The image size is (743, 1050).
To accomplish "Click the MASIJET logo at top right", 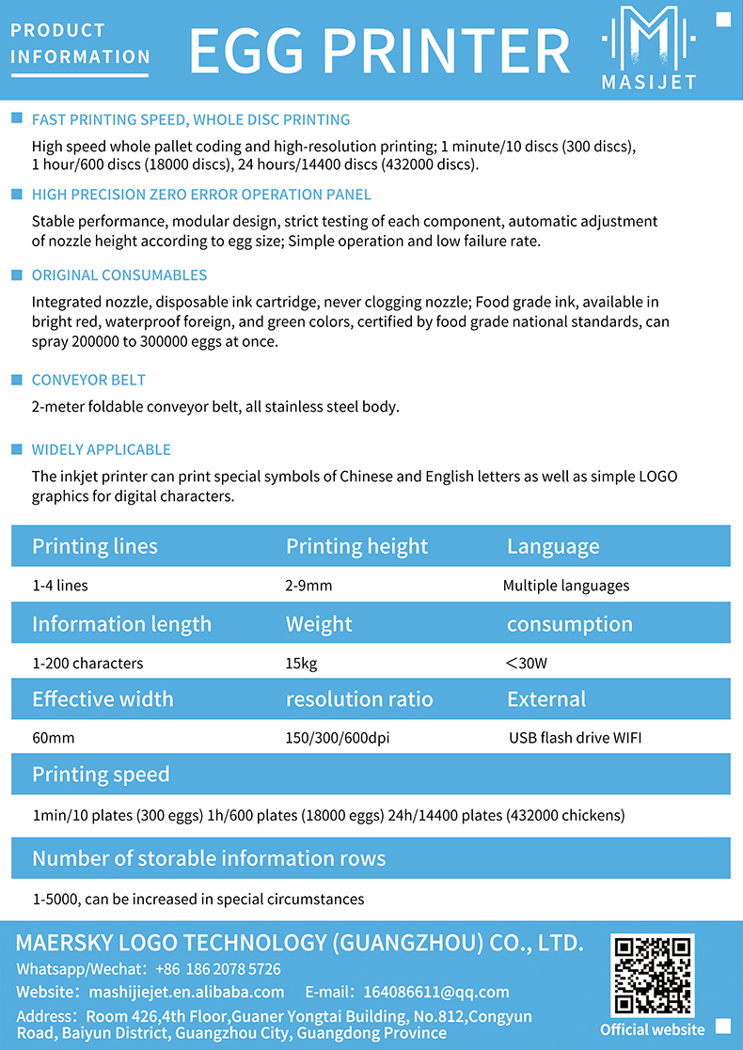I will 649,47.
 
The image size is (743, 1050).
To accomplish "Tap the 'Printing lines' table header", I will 95,546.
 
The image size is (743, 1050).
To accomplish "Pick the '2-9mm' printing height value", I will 308,586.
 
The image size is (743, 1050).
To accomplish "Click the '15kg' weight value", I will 301,663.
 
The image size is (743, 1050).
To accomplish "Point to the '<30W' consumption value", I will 526,663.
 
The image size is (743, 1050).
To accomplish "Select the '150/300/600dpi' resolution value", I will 337,738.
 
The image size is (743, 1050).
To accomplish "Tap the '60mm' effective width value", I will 53,738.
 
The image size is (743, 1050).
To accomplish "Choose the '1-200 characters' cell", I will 87,663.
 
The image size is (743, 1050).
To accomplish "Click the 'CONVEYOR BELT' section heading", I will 88,380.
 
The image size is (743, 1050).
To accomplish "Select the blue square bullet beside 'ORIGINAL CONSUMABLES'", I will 16,275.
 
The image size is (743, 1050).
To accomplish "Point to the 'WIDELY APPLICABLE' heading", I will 102,449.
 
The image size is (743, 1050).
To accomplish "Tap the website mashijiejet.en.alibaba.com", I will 186,992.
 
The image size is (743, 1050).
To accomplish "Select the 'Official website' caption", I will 652,1029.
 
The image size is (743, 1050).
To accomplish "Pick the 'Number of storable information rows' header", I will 209,858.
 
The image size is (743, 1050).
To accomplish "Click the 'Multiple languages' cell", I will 566,586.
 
